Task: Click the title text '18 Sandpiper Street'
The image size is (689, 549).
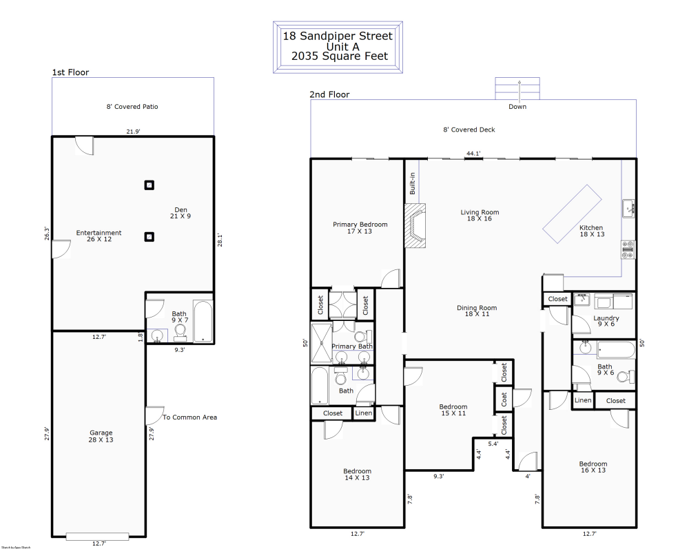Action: [x=338, y=36]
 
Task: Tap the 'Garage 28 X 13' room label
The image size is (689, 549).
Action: [x=101, y=436]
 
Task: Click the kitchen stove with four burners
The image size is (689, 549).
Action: [x=628, y=249]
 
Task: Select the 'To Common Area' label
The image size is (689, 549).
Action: [x=189, y=417]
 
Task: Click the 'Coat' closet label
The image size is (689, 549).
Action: [x=504, y=399]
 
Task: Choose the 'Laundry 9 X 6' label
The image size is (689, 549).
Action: [x=606, y=322]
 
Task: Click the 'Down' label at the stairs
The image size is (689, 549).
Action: [x=517, y=107]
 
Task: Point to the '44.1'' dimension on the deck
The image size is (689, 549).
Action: [x=473, y=154]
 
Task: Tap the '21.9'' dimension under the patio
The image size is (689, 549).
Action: [x=134, y=131]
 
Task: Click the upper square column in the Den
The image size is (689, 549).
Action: [x=149, y=185]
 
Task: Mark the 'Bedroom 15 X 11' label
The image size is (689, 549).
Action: [x=453, y=410]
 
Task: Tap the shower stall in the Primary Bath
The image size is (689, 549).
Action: [x=321, y=342]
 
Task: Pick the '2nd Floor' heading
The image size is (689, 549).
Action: [x=329, y=95]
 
